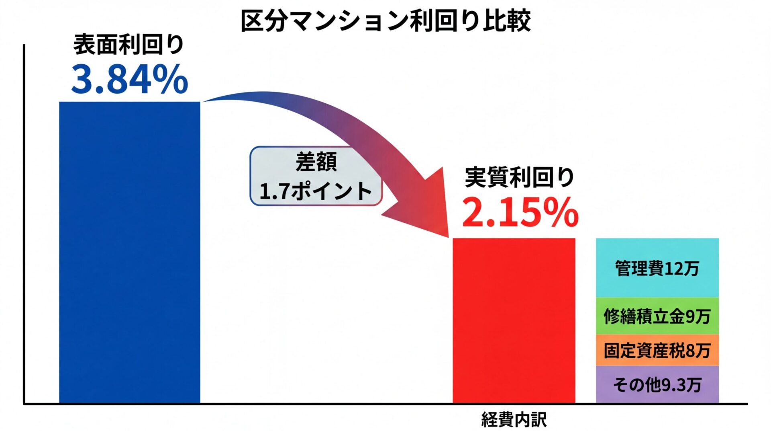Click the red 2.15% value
click(520, 212)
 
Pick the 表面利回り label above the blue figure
click(128, 44)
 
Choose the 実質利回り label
click(520, 177)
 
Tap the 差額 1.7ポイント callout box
click(316, 176)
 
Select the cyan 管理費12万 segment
click(657, 268)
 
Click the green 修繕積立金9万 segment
click(657, 316)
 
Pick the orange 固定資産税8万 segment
click(657, 350)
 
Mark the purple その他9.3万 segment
click(657, 384)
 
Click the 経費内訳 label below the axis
click(514, 420)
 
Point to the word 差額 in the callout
click(316, 162)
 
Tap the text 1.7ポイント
click(316, 191)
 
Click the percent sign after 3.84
click(169, 80)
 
